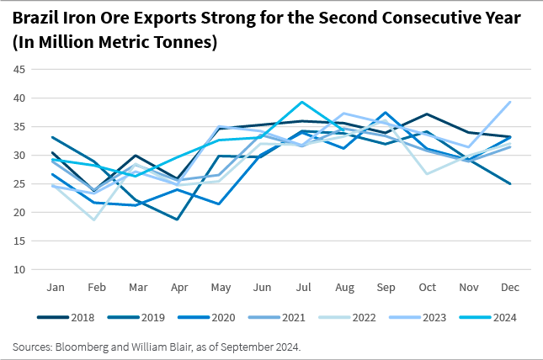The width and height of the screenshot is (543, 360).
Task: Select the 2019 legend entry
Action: pos(144,317)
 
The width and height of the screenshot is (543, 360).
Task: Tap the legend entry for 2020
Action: pos(214,317)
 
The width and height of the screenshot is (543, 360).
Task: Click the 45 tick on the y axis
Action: pos(18,69)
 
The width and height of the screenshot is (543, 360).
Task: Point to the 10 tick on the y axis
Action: pos(18,270)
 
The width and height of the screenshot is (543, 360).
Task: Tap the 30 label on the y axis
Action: pos(18,156)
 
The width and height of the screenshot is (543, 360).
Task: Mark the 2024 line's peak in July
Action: pos(301,102)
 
